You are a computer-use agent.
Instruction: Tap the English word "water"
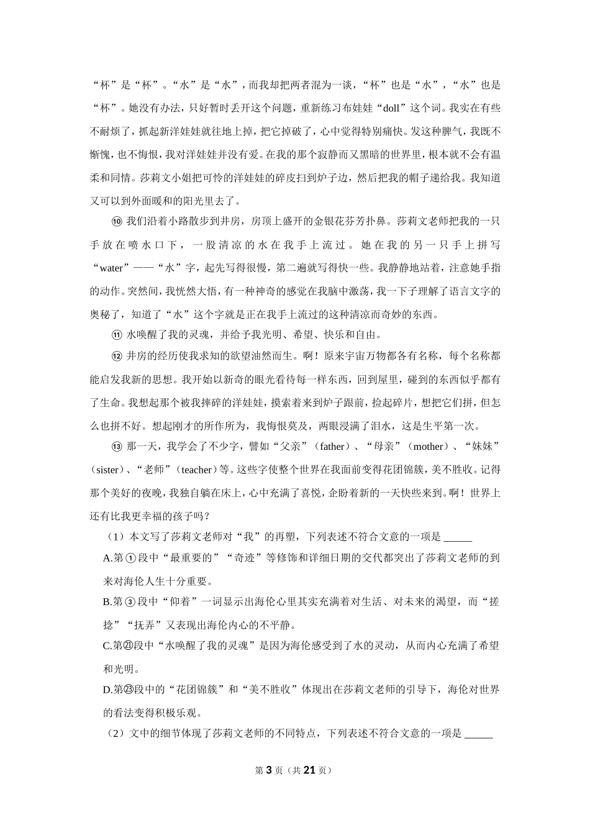(112, 268)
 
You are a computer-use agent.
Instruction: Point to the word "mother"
(429, 447)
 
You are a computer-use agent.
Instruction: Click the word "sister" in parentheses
(107, 470)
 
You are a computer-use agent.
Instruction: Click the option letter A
(106, 558)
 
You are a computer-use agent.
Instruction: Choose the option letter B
(106, 601)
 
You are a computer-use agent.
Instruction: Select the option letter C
(106, 646)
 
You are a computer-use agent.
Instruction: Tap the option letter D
(106, 690)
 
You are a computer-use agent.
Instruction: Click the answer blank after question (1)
(458, 537)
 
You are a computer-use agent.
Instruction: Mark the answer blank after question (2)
(479, 734)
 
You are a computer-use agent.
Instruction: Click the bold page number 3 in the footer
(269, 770)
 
